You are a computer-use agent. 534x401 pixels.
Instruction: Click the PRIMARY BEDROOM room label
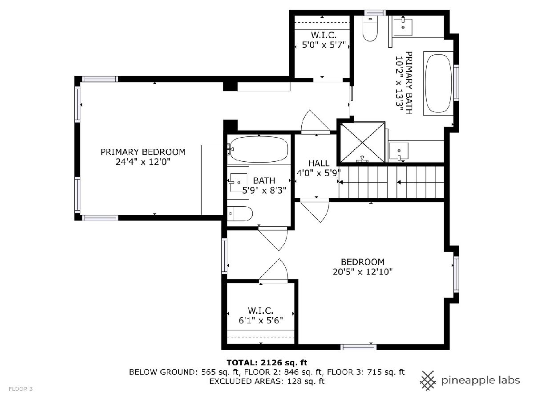(x=143, y=152)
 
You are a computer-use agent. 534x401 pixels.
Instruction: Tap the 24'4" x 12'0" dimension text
(x=143, y=162)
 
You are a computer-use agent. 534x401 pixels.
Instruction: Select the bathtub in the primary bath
(x=438, y=83)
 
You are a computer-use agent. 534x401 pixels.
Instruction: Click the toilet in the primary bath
(x=370, y=28)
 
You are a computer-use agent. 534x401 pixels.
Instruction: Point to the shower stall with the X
(x=362, y=142)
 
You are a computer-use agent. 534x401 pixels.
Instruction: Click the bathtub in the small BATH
(x=259, y=149)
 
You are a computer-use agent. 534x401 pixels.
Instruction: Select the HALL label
(x=319, y=163)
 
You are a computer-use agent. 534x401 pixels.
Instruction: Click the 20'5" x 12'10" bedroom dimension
(x=363, y=272)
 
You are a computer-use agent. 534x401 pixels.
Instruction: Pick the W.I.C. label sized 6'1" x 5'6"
(x=261, y=311)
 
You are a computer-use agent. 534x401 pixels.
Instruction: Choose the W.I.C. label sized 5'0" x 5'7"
(x=324, y=35)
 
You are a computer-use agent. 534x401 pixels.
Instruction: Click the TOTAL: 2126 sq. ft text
(x=267, y=363)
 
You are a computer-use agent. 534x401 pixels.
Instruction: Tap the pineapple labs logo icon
(x=428, y=381)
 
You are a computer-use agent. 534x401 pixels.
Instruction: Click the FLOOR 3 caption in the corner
(x=20, y=389)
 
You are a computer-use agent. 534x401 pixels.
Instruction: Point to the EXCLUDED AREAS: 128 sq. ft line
(x=267, y=381)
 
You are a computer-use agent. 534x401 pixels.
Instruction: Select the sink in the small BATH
(x=238, y=182)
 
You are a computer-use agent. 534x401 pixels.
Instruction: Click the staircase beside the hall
(x=392, y=182)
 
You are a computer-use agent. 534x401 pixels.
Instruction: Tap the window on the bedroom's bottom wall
(x=358, y=347)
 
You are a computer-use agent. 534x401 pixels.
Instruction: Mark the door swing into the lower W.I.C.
(x=273, y=270)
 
